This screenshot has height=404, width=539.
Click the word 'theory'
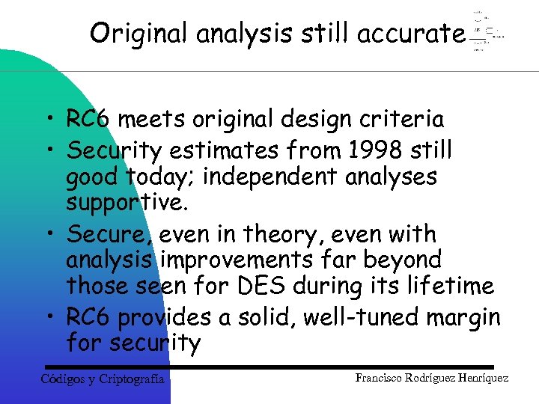point(285,235)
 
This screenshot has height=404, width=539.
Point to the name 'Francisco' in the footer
point(382,379)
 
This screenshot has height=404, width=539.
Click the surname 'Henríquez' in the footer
point(481,379)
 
